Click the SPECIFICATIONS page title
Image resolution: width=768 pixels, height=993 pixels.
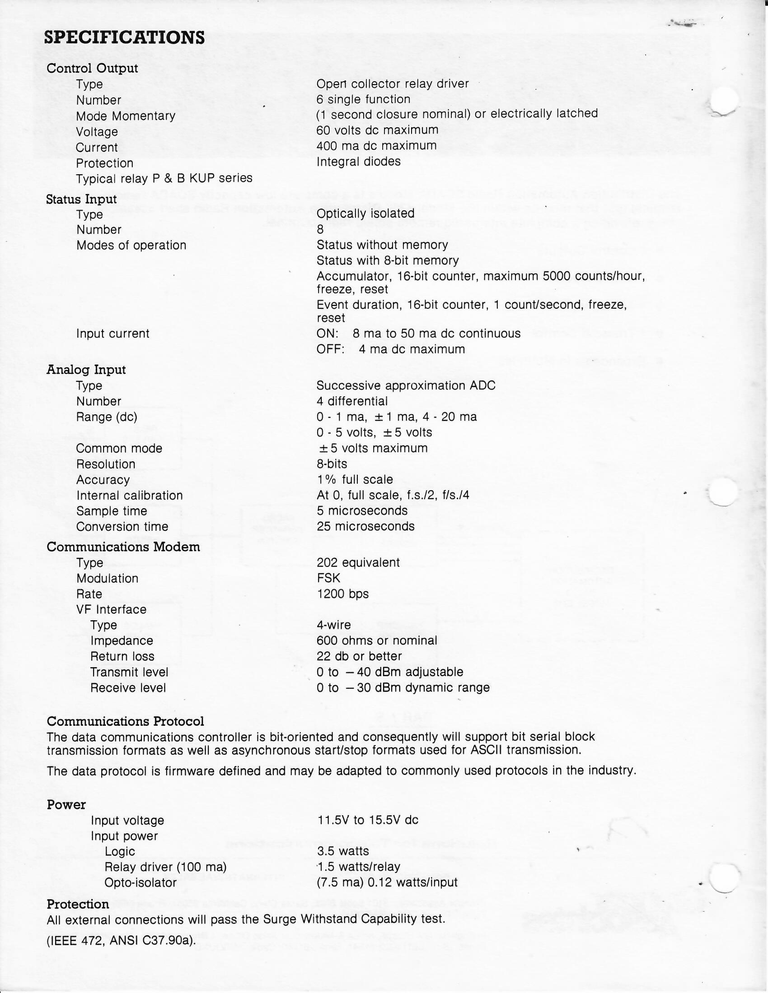click(x=124, y=37)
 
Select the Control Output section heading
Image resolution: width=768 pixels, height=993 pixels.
click(x=92, y=68)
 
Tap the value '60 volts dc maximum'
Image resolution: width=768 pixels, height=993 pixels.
click(x=377, y=130)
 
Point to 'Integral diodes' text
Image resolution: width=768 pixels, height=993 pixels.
click(x=359, y=162)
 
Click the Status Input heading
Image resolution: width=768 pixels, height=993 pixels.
click(x=81, y=199)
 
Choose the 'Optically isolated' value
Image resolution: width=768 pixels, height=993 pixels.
click(x=365, y=213)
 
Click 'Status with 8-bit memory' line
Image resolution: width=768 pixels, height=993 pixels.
click(x=388, y=260)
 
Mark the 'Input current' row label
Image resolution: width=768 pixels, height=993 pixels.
click(x=112, y=333)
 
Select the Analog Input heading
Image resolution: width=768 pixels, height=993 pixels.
click(x=86, y=370)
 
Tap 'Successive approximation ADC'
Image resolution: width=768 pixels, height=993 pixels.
click(x=406, y=385)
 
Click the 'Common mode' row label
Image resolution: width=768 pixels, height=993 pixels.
click(x=119, y=448)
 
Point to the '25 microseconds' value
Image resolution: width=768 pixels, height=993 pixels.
click(x=366, y=526)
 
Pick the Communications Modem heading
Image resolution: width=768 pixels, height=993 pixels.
click(x=123, y=547)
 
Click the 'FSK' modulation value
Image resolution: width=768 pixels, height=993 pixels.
click(x=328, y=578)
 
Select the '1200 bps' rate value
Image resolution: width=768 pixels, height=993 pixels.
click(x=342, y=594)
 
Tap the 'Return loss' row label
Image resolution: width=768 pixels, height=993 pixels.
click(x=122, y=656)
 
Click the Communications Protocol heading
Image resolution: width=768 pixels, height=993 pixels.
click(x=125, y=722)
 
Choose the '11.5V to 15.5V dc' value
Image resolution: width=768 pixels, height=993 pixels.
click(x=368, y=820)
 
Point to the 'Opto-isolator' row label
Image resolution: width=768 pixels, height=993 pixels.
click(x=140, y=882)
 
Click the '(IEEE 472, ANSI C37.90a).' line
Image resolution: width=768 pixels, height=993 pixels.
click(x=121, y=940)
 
